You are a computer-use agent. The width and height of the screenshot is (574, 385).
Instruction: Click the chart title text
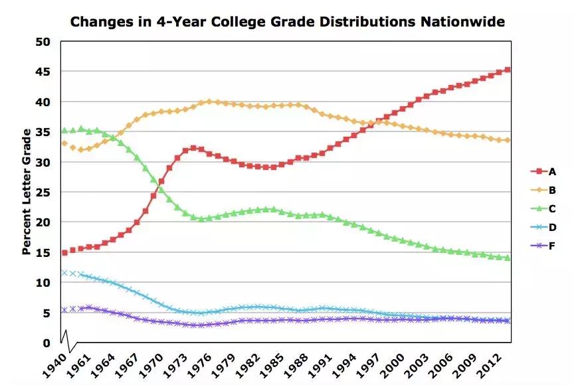pos(287,22)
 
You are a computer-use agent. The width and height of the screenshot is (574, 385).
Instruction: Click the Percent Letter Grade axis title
pos(27,192)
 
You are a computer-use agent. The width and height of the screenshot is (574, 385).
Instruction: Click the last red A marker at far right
pos(507,70)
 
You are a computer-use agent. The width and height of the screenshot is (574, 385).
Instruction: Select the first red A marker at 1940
pos(64,253)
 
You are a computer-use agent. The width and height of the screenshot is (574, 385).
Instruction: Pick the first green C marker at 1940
pos(64,130)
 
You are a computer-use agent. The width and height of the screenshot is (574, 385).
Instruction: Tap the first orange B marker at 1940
pos(64,143)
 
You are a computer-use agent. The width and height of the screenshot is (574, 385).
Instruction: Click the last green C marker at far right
pos(507,258)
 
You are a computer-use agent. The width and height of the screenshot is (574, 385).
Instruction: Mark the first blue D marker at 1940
pos(64,273)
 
